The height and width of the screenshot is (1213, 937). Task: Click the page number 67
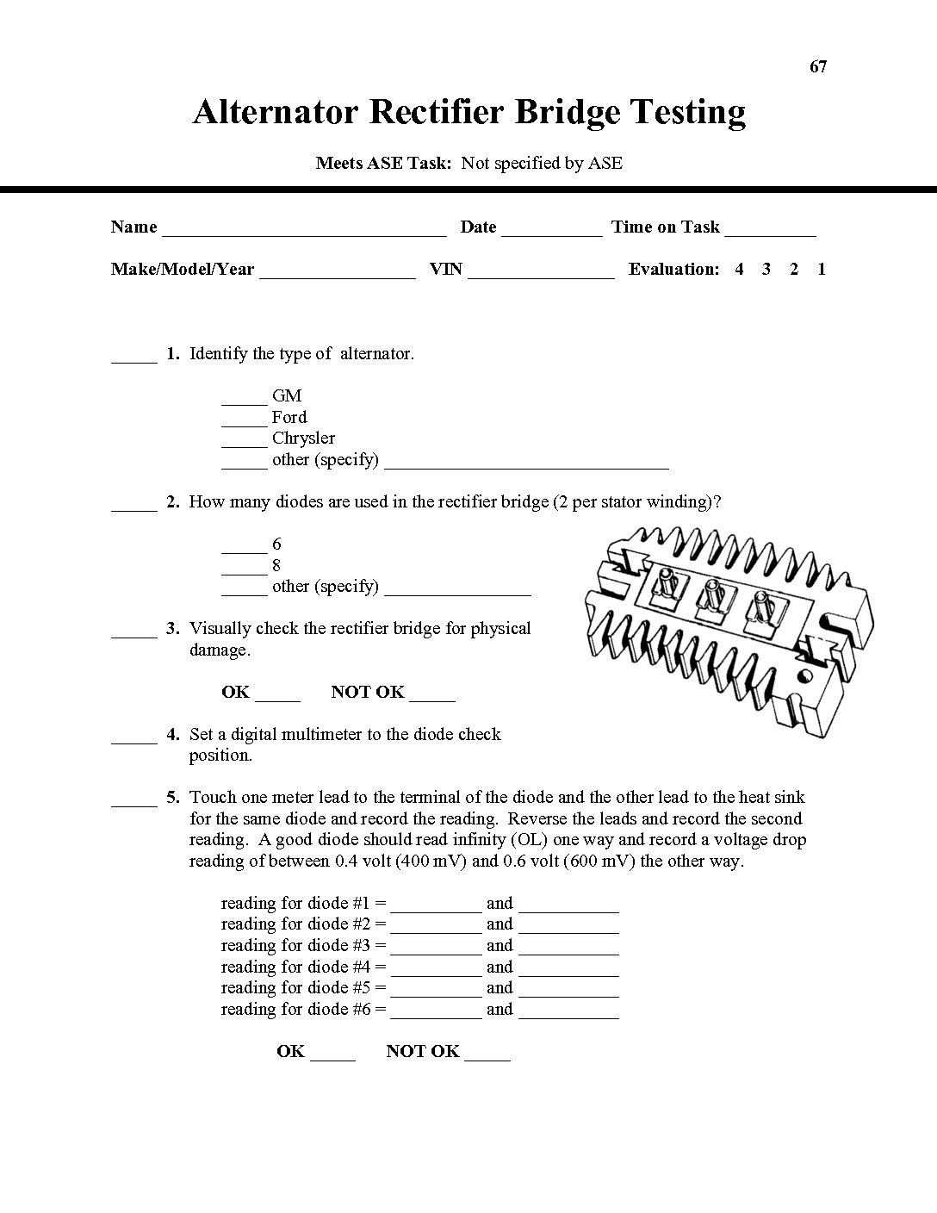click(x=818, y=67)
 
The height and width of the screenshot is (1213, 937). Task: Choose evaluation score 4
click(x=739, y=269)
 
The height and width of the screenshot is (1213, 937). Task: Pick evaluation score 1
click(x=822, y=269)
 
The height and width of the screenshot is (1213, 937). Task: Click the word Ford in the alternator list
click(x=289, y=417)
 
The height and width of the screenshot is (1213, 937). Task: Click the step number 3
click(x=173, y=628)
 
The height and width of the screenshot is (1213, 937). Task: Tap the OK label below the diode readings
click(x=291, y=1051)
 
